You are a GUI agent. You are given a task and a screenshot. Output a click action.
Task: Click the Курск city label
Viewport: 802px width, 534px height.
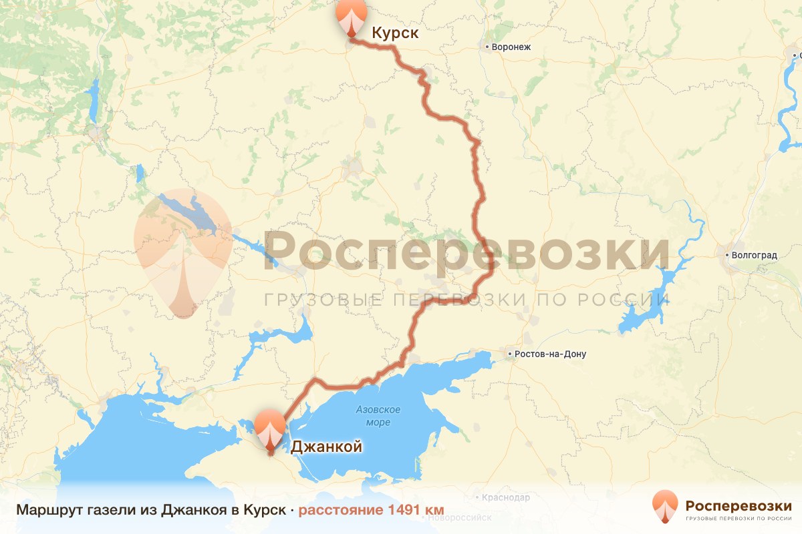tap(395, 33)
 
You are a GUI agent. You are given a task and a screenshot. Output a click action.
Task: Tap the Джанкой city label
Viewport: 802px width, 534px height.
tap(326, 447)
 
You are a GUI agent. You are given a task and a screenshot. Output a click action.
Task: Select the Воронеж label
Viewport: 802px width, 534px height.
tap(511, 47)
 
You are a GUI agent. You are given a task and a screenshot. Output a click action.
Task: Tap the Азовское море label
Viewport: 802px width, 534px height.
tap(378, 415)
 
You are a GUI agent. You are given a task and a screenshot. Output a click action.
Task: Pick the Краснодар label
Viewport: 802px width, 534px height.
tap(506, 497)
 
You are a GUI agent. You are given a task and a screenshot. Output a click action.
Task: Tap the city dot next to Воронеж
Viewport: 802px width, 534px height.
tap(487, 47)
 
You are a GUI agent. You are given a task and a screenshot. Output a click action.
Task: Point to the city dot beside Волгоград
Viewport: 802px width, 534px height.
tap(728, 255)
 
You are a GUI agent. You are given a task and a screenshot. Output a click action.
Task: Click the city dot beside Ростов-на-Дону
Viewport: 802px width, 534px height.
tap(510, 354)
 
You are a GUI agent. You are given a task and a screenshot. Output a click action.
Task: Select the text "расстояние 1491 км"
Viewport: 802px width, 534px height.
tap(371, 510)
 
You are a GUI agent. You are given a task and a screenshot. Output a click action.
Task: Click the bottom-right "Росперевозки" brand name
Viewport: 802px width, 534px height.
tap(739, 504)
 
